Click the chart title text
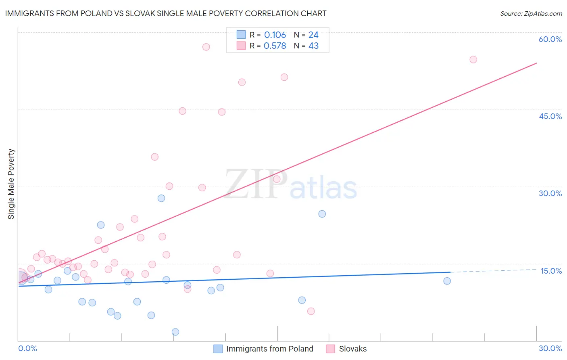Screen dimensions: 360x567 click(166, 13)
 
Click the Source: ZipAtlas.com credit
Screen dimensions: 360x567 click(531, 14)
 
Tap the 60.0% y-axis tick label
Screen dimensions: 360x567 click(550, 39)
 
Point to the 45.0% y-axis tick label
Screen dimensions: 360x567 click(550, 116)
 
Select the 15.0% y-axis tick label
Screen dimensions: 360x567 click(551, 271)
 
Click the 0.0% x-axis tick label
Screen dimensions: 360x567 click(27, 348)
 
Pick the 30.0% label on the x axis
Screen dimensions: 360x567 click(550, 348)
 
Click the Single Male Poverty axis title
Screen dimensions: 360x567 click(11, 184)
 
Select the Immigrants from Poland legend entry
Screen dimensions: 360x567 click(263, 349)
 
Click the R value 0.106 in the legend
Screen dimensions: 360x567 click(275, 35)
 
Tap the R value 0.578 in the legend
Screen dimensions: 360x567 click(275, 46)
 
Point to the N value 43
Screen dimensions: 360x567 click(313, 46)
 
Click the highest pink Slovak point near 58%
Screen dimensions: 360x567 click(206, 47)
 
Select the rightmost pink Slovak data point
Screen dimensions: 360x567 click(473, 60)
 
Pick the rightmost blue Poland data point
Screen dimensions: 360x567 click(447, 281)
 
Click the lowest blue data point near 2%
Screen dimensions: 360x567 click(175, 332)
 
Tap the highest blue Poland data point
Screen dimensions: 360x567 click(161, 198)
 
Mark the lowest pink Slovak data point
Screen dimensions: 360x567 click(311, 311)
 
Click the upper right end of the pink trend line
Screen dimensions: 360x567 click(536, 63)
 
